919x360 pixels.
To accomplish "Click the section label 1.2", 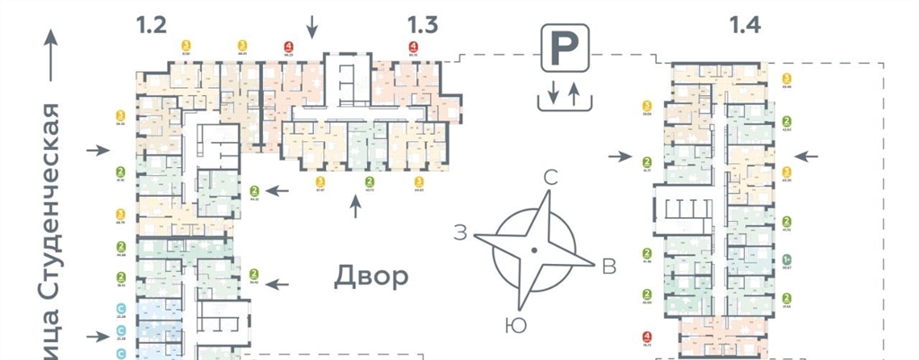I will point(152,25).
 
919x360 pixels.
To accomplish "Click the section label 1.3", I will point(421,25).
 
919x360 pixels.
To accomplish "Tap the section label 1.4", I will point(745,25).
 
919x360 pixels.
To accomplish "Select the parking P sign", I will point(564,48).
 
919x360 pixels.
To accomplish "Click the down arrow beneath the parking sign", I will point(553,92).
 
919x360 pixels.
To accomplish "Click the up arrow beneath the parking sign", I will point(574,92).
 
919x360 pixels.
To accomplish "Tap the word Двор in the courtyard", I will point(372,276).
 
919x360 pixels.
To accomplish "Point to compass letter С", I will point(552,178).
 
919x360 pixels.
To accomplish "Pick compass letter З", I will point(459,235).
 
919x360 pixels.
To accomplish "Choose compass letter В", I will point(608,266).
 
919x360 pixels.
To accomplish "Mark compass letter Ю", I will point(515,325).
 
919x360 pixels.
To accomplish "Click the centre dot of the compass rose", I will point(534,248).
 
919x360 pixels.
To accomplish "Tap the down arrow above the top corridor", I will point(311,27).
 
